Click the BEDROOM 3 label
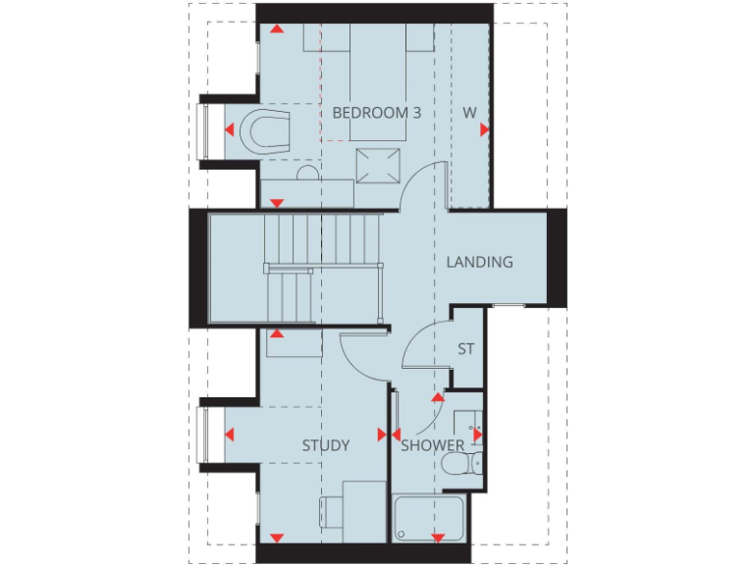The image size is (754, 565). [376, 113]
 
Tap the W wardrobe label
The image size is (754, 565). [469, 113]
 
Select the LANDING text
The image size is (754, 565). [479, 262]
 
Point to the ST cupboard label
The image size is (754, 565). [466, 348]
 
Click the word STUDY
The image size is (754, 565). [325, 445]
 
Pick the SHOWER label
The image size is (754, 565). [432, 445]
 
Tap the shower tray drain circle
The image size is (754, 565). [401, 534]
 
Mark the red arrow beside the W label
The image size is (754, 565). [484, 128]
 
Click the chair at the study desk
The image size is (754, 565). [330, 514]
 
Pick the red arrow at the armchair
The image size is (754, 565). [228, 129]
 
